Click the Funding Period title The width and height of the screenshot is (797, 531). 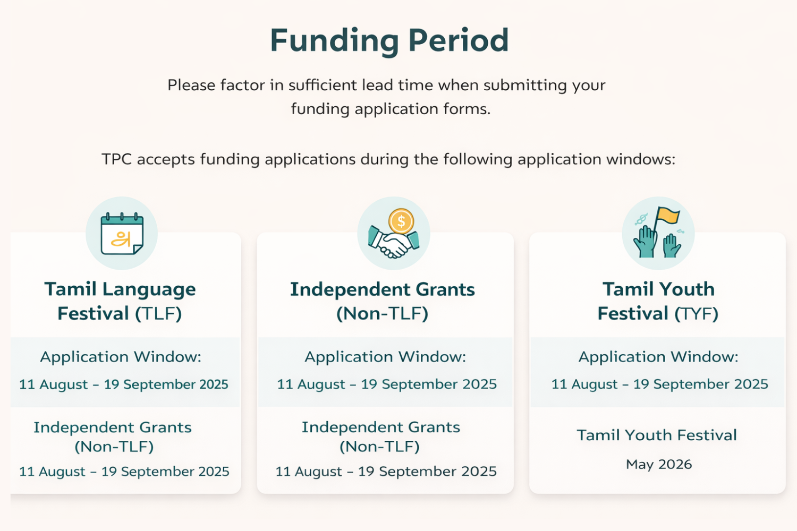pos(389,41)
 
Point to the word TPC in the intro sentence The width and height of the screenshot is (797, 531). pos(116,159)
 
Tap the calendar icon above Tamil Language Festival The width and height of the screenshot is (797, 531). pos(122,234)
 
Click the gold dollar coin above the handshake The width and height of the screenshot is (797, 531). pos(401,221)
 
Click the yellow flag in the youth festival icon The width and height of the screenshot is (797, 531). pos(668,216)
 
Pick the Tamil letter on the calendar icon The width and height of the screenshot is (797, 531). pos(121,239)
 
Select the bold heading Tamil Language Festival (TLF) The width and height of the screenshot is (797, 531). pos(120,301)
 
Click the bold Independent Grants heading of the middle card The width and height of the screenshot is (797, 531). pos(382,290)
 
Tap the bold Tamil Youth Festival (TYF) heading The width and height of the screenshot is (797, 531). pos(658,301)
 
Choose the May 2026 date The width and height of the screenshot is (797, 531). pos(658,465)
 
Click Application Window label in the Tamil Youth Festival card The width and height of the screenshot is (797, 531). pos(658,357)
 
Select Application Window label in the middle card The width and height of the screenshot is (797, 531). pos(385,357)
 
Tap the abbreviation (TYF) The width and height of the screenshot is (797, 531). pos(696,314)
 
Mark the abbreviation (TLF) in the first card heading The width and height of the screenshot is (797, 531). pos(158,314)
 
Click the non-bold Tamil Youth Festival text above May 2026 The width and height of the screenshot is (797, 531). pos(657,435)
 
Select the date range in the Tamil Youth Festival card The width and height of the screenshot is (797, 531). pos(659,384)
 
